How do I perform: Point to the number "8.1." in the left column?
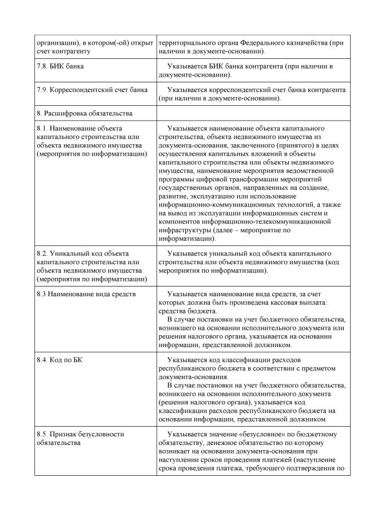coord(42,129)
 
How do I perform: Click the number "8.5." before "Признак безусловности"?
coord(42,434)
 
